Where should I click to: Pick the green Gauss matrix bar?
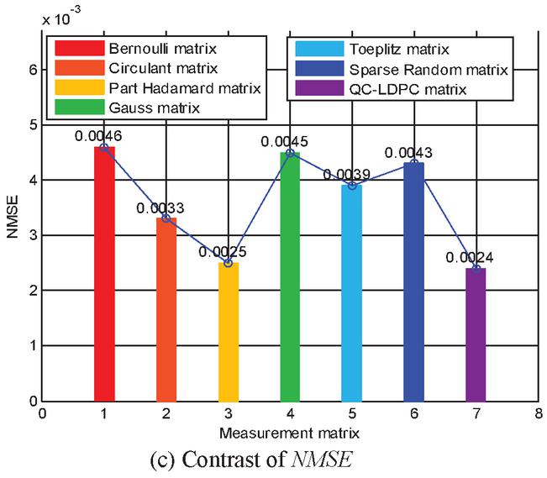point(290,276)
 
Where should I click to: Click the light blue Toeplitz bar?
point(351,293)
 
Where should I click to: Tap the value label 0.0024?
point(469,257)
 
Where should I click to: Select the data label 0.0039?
point(345,174)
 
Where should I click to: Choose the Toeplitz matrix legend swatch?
point(316,49)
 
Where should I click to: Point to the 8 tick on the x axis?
point(537,414)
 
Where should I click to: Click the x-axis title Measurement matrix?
point(289,434)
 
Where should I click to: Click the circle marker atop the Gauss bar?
point(290,153)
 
